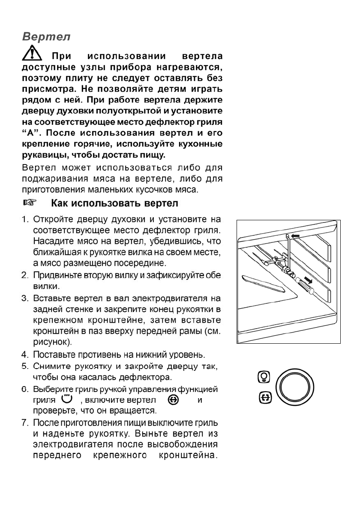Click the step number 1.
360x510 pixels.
25,220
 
